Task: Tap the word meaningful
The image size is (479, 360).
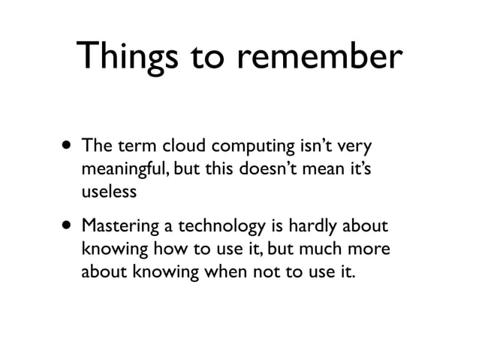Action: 124,168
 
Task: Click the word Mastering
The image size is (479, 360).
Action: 116,225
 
